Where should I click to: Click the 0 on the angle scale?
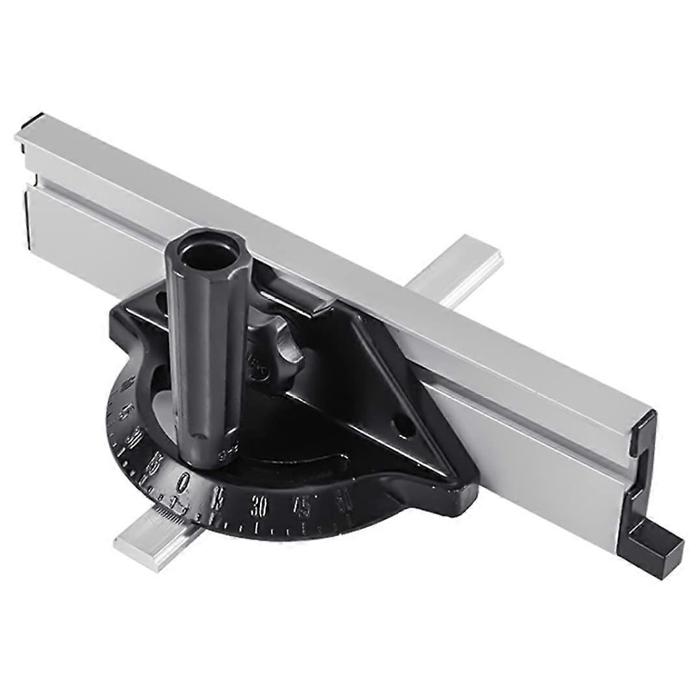point(185,482)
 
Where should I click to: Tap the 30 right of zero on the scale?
point(259,506)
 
